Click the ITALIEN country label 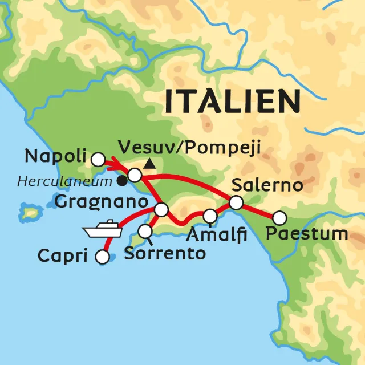232,101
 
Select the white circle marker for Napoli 99,159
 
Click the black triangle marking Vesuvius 149,165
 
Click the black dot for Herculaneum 122,181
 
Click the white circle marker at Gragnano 161,210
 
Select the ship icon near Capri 102,229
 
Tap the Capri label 62,255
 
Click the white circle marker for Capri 103,257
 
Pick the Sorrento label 164,253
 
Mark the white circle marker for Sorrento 145,231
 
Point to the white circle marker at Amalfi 210,216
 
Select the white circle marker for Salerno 236,202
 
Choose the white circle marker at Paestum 279,217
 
